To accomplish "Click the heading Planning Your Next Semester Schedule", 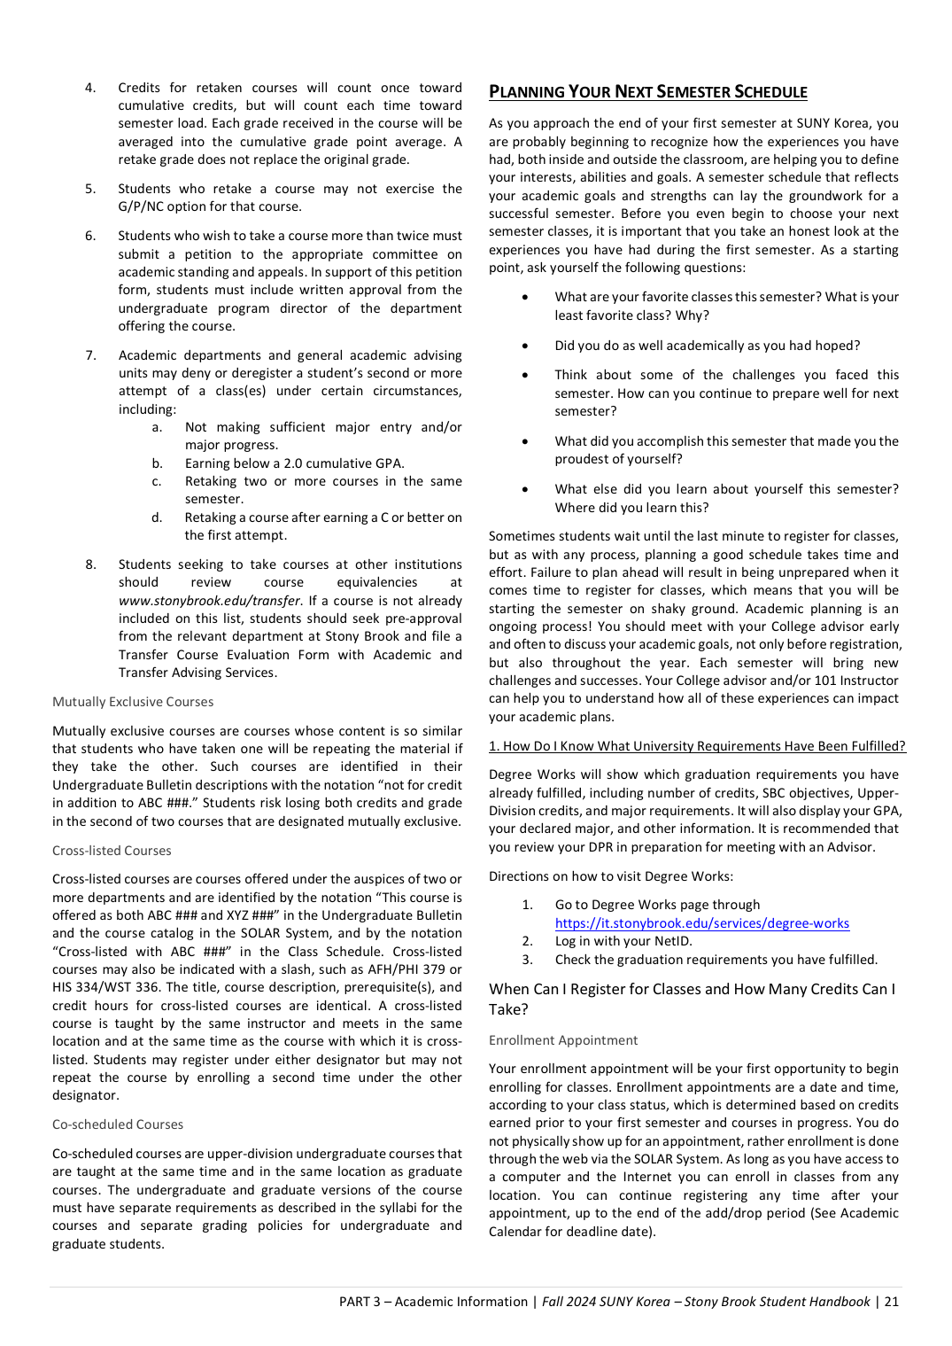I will tap(647, 92).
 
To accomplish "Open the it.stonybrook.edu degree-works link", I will tap(701, 923).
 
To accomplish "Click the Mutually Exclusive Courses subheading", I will tap(133, 702).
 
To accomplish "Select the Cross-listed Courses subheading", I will tap(112, 851).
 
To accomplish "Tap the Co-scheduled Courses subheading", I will tap(118, 1124).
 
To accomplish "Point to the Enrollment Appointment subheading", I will tap(563, 1040).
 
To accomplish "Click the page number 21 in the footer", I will tap(891, 1302).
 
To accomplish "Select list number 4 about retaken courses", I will tap(90, 88).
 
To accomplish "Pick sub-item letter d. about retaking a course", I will tap(157, 517).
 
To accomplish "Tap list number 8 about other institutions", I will tap(90, 564).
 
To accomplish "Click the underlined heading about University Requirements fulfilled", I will tap(697, 746).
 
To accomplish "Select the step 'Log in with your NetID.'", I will tap(623, 941).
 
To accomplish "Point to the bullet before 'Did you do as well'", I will tap(526, 346).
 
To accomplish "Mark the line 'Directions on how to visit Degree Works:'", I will tap(611, 876).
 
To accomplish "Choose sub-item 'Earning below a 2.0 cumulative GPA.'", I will tap(294, 463).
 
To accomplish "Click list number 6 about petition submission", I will tap(90, 236).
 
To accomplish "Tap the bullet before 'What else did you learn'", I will tap(526, 489).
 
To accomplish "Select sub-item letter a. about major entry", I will tap(157, 427).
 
